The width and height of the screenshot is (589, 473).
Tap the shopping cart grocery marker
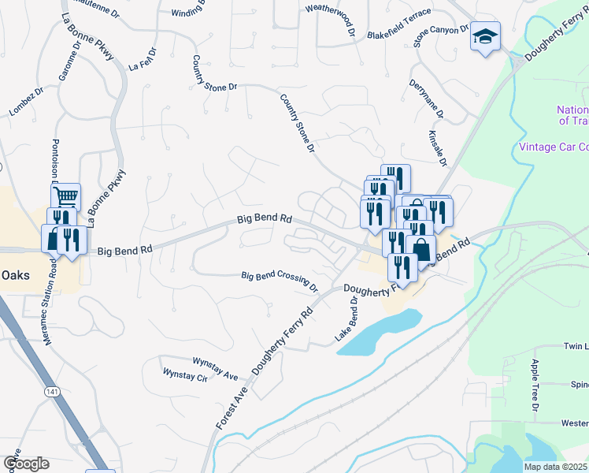[69, 196]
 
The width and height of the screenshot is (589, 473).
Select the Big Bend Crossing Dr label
[279, 279]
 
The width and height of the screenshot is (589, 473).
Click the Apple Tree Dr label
[535, 385]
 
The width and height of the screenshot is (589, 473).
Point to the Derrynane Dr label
[426, 99]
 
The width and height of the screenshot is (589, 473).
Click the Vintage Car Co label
[554, 147]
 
